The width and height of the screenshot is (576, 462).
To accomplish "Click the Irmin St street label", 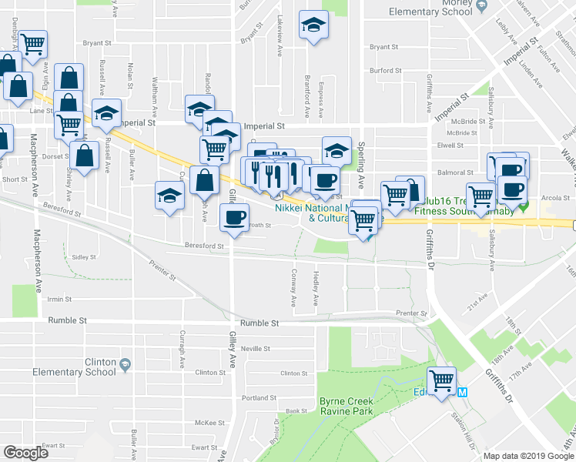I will [59, 299].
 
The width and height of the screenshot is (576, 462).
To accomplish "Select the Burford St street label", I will [386, 70].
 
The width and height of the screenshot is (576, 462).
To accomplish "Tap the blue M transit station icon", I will [463, 392].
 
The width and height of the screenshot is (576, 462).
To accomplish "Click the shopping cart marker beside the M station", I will [442, 380].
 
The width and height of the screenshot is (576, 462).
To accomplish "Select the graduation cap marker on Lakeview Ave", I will [313, 27].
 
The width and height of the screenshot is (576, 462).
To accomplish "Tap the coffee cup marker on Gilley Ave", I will [234, 216].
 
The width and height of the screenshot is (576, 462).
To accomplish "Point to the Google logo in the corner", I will [25, 452].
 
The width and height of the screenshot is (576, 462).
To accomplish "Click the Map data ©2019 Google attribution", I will [528, 456].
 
